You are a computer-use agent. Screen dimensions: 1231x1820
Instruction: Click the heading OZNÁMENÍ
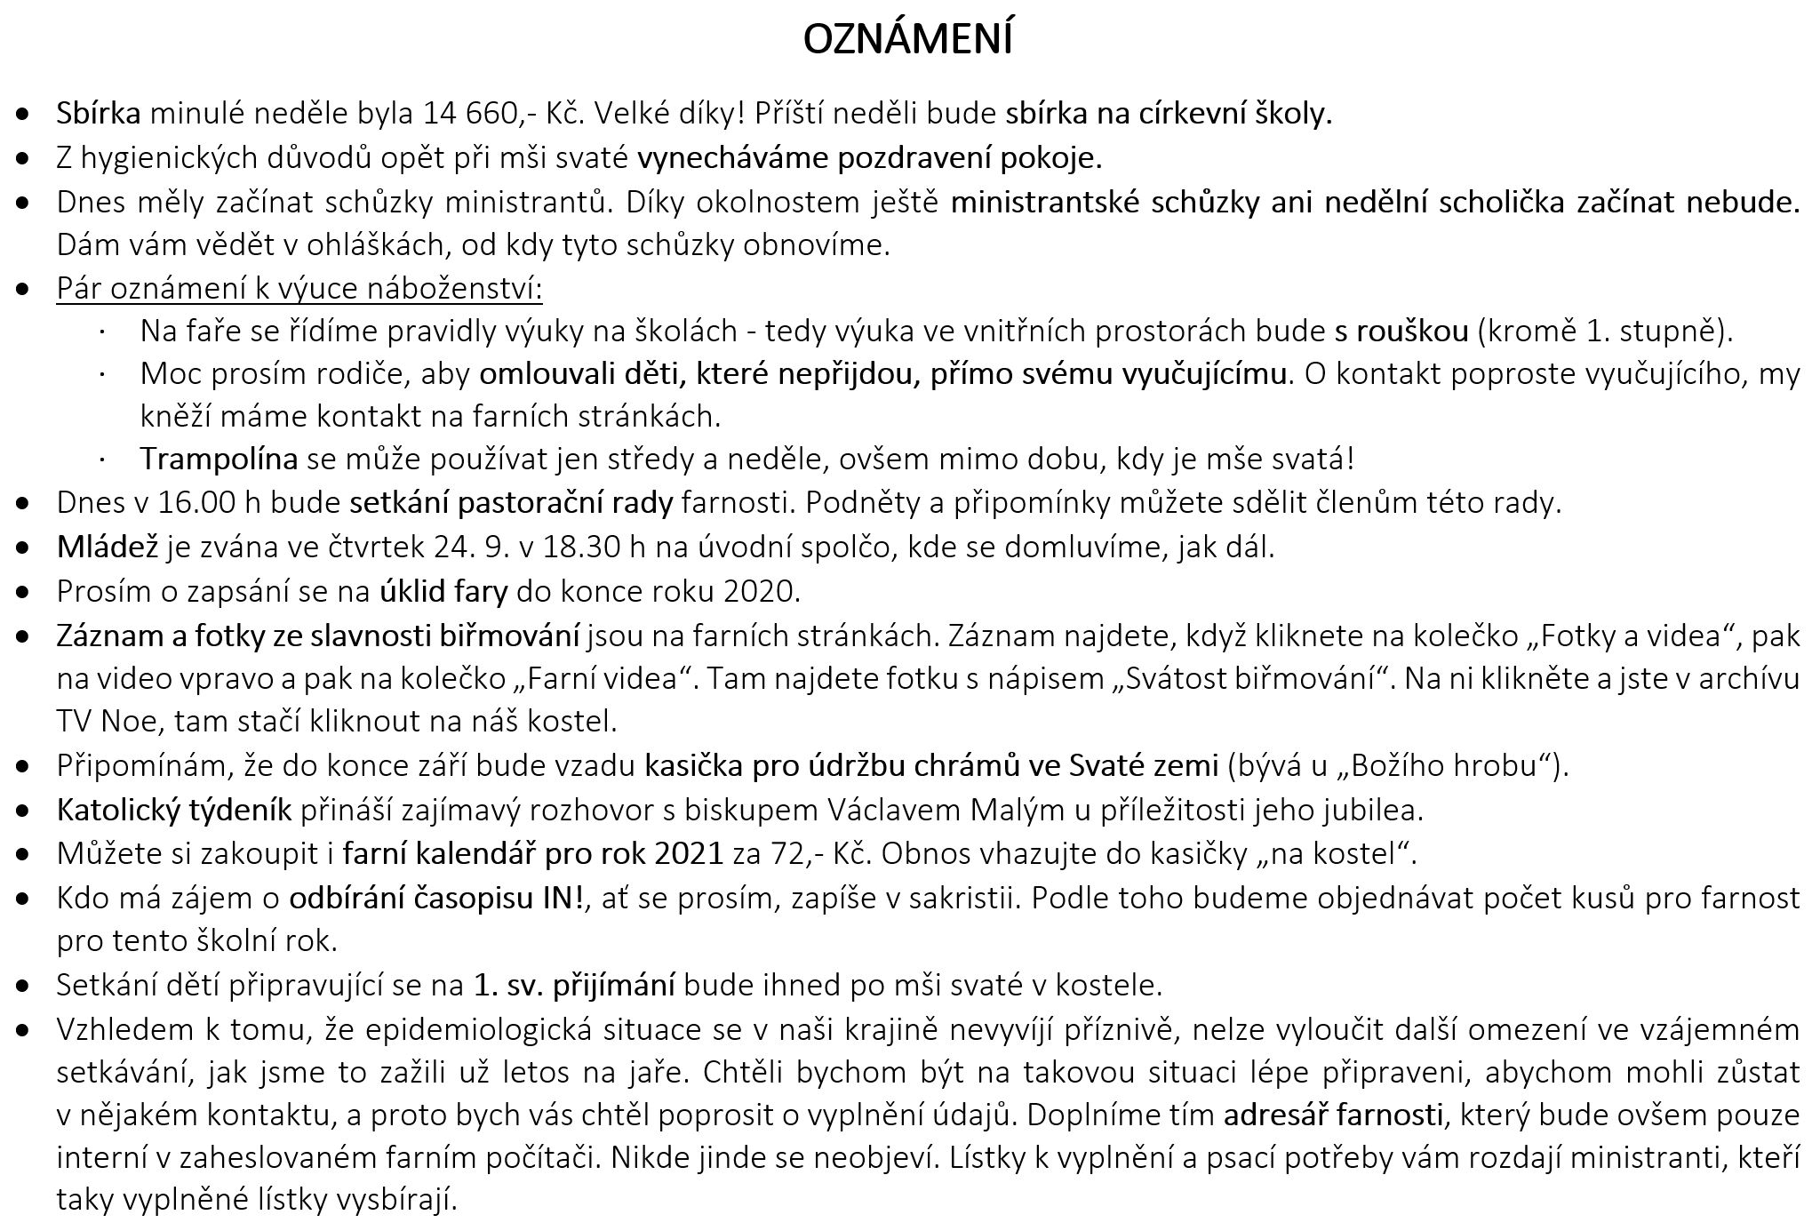point(907,39)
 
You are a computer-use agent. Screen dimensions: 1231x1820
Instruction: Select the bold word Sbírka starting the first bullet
point(99,114)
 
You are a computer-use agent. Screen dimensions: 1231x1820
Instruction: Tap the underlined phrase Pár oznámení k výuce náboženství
point(299,289)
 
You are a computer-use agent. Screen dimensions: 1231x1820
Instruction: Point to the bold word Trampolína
point(219,460)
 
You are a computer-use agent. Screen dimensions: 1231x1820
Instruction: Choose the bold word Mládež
point(108,547)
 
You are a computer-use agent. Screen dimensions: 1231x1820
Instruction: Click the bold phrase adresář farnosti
point(1333,1115)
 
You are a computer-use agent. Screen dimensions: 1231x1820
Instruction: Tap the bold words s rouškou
point(1401,332)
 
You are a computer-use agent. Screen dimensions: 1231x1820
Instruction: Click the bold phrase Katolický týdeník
point(174,810)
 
